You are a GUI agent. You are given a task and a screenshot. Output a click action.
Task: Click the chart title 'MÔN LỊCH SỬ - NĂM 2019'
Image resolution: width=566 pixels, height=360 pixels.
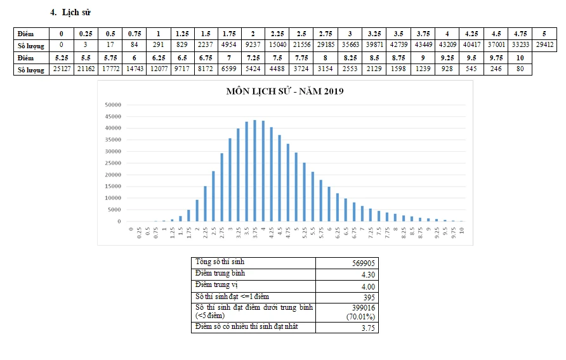tap(285, 91)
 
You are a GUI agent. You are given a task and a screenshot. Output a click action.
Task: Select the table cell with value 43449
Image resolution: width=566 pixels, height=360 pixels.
tap(423, 45)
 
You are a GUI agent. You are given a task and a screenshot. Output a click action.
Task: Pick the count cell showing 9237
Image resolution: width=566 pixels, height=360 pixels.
tap(253, 45)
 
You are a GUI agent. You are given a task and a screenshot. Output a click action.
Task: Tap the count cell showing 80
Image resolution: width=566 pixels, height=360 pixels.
tap(520, 70)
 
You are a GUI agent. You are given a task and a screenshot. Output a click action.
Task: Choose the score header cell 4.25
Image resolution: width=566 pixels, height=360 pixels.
tap(471, 33)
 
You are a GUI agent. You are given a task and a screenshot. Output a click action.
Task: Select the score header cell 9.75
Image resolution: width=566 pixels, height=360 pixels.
tap(496, 58)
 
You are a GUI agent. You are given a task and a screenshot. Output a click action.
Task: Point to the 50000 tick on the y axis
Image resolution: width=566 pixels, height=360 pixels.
tap(113, 104)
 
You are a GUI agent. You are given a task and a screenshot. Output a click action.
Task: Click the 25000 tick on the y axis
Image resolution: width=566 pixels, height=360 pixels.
tap(113, 163)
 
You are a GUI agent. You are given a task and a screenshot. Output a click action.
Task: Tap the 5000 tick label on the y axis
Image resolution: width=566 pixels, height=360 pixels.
tap(115, 210)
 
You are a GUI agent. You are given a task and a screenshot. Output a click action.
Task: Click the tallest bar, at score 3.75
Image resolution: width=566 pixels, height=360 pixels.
tap(254, 171)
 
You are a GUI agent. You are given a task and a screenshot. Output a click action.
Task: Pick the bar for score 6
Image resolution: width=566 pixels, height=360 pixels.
tap(329, 204)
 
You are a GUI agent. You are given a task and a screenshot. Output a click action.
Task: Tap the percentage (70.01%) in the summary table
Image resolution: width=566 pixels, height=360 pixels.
tap(360, 316)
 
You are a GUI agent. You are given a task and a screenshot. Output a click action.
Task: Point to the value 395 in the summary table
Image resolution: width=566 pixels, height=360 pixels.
tap(368, 297)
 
